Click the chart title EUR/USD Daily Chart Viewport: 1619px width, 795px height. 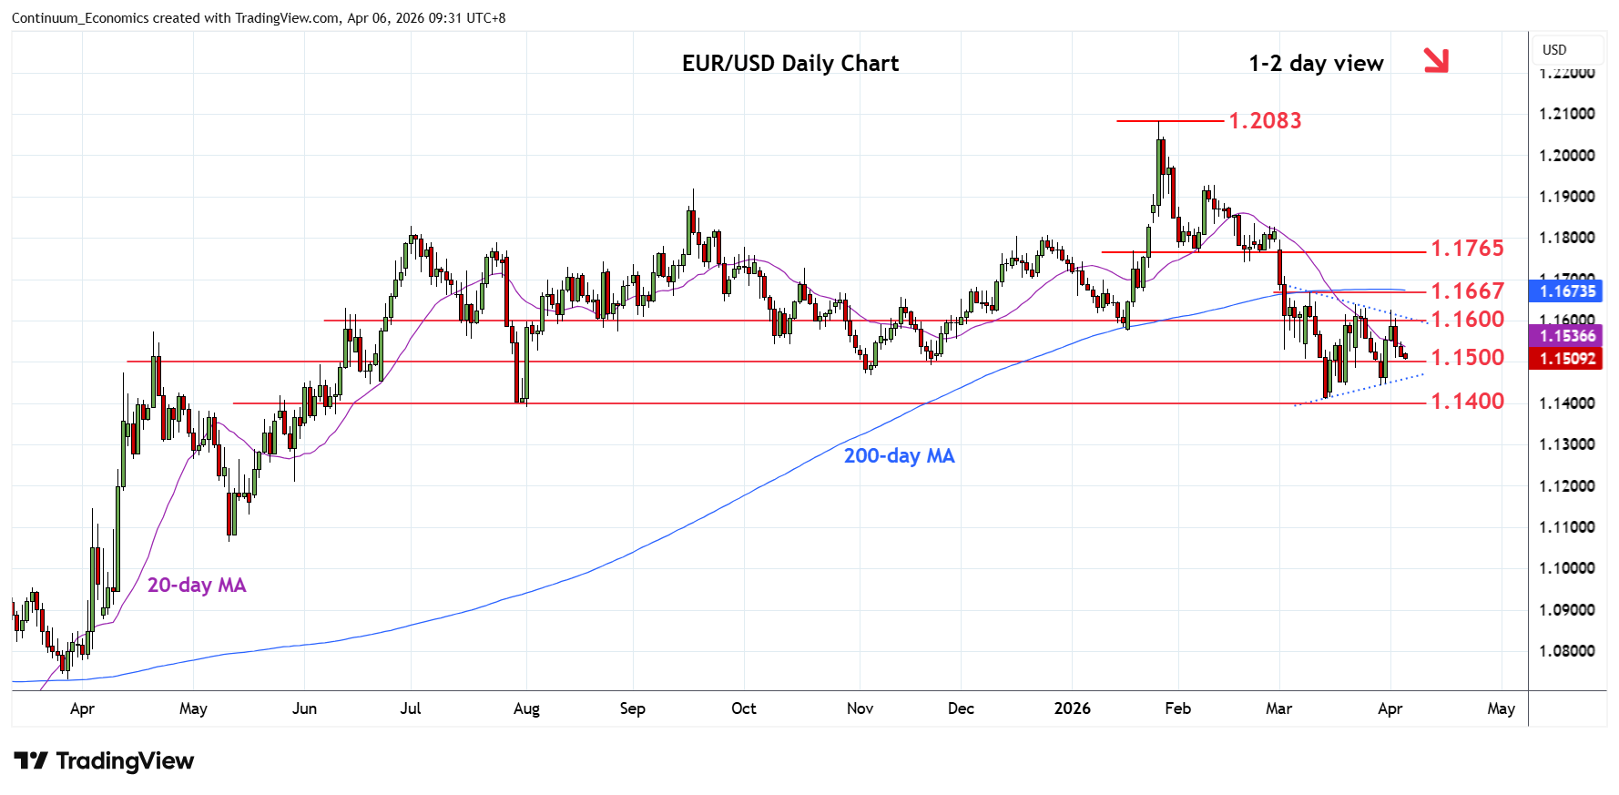[789, 63]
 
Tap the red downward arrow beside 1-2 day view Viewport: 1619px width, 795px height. [1435, 60]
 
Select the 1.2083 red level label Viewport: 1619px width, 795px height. [1265, 120]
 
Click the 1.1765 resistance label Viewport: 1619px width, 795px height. [1467, 248]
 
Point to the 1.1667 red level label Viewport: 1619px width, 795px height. [1467, 290]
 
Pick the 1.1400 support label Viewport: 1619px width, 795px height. [1467, 401]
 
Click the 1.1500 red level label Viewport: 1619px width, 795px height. [1467, 357]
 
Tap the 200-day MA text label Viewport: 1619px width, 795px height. [899, 455]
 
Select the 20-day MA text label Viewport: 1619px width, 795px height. [197, 585]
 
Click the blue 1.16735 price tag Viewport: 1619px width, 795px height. [1567, 291]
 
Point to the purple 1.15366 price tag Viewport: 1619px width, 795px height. [1567, 336]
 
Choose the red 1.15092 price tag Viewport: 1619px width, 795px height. [1567, 359]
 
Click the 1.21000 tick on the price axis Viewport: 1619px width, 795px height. [1566, 114]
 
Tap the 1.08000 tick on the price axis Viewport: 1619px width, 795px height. [1566, 651]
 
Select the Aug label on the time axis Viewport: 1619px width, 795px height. [526, 708]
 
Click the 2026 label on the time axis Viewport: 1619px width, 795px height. [1072, 708]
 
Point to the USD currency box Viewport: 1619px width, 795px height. [1554, 50]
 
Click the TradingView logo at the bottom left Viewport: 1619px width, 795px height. [104, 761]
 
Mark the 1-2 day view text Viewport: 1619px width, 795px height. [1316, 63]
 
